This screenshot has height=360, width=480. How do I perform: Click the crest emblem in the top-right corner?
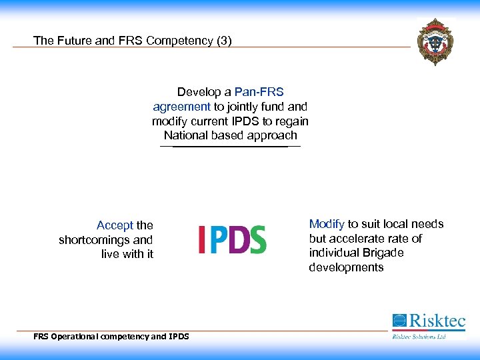[x=435, y=41]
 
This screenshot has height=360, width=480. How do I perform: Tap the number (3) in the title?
[x=223, y=41]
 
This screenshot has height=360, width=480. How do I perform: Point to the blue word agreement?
[x=181, y=106]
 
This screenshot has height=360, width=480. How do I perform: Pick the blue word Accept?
[x=115, y=225]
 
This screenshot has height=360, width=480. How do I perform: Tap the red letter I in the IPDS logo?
[x=201, y=239]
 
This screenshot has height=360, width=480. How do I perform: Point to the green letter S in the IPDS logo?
[x=258, y=239]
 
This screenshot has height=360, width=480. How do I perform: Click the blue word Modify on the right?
[x=327, y=224]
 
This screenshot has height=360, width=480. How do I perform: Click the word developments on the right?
[x=346, y=267]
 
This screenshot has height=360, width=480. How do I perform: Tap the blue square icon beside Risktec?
[x=399, y=321]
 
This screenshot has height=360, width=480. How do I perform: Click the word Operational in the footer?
[x=75, y=337]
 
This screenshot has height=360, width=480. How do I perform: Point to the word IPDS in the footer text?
[x=179, y=337]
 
